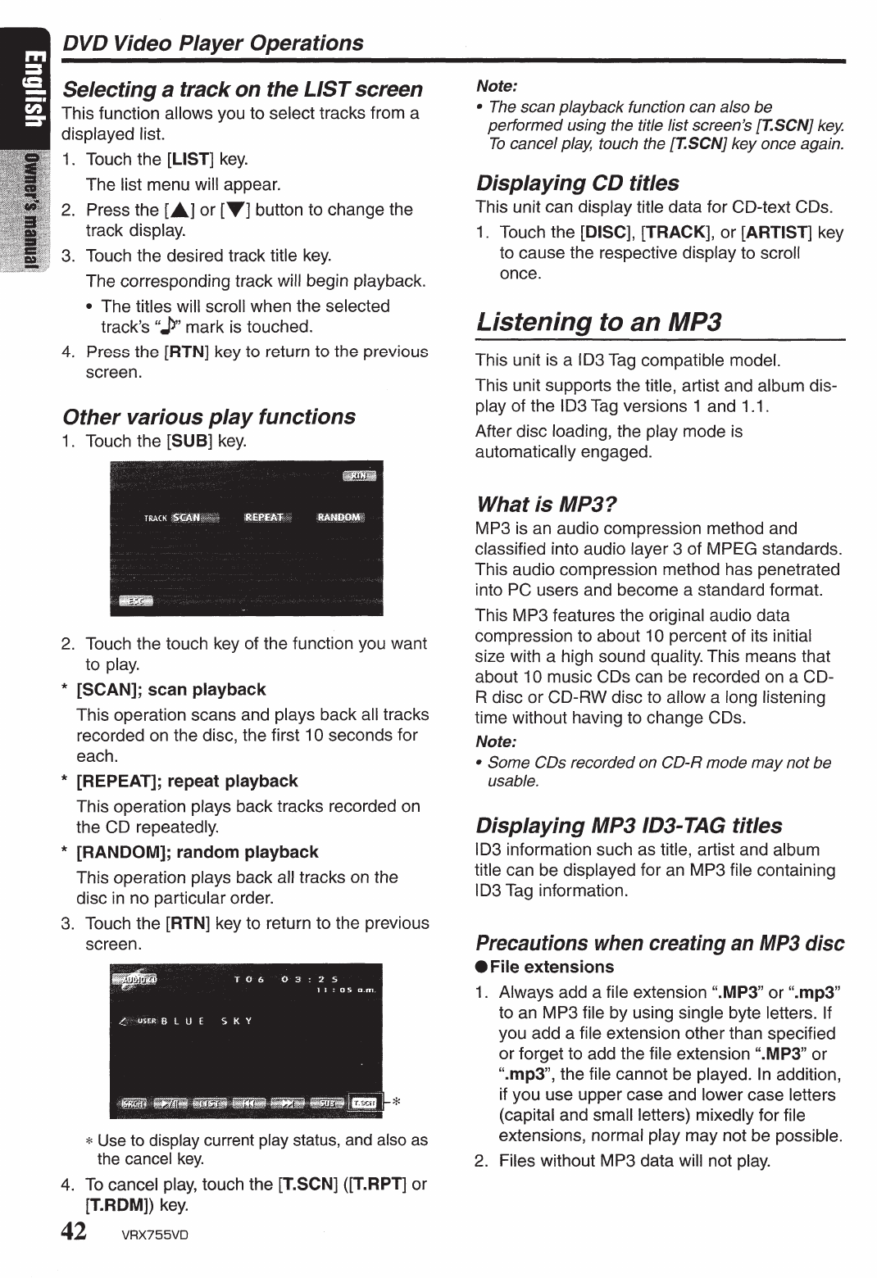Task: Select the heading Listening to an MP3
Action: pos(598,321)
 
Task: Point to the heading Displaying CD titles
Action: pos(577,183)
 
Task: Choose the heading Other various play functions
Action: pos(209,416)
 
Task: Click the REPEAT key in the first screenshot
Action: pos(263,517)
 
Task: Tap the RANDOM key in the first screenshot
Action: pos(339,517)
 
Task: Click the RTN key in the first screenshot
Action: pos(358,476)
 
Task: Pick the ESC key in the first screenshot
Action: pos(136,601)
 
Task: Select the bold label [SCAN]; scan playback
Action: pos(170,690)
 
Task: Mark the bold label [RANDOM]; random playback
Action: pos(197,852)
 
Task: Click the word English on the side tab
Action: pos(31,91)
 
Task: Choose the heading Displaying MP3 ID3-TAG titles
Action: pos(629,825)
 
